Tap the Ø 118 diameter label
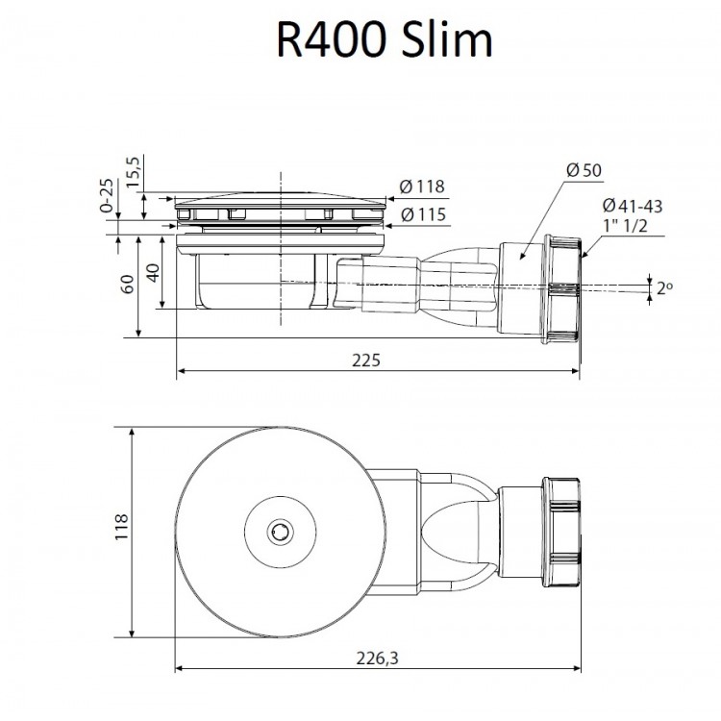pyautogui.click(x=422, y=186)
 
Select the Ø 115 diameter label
pyautogui.click(x=422, y=215)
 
